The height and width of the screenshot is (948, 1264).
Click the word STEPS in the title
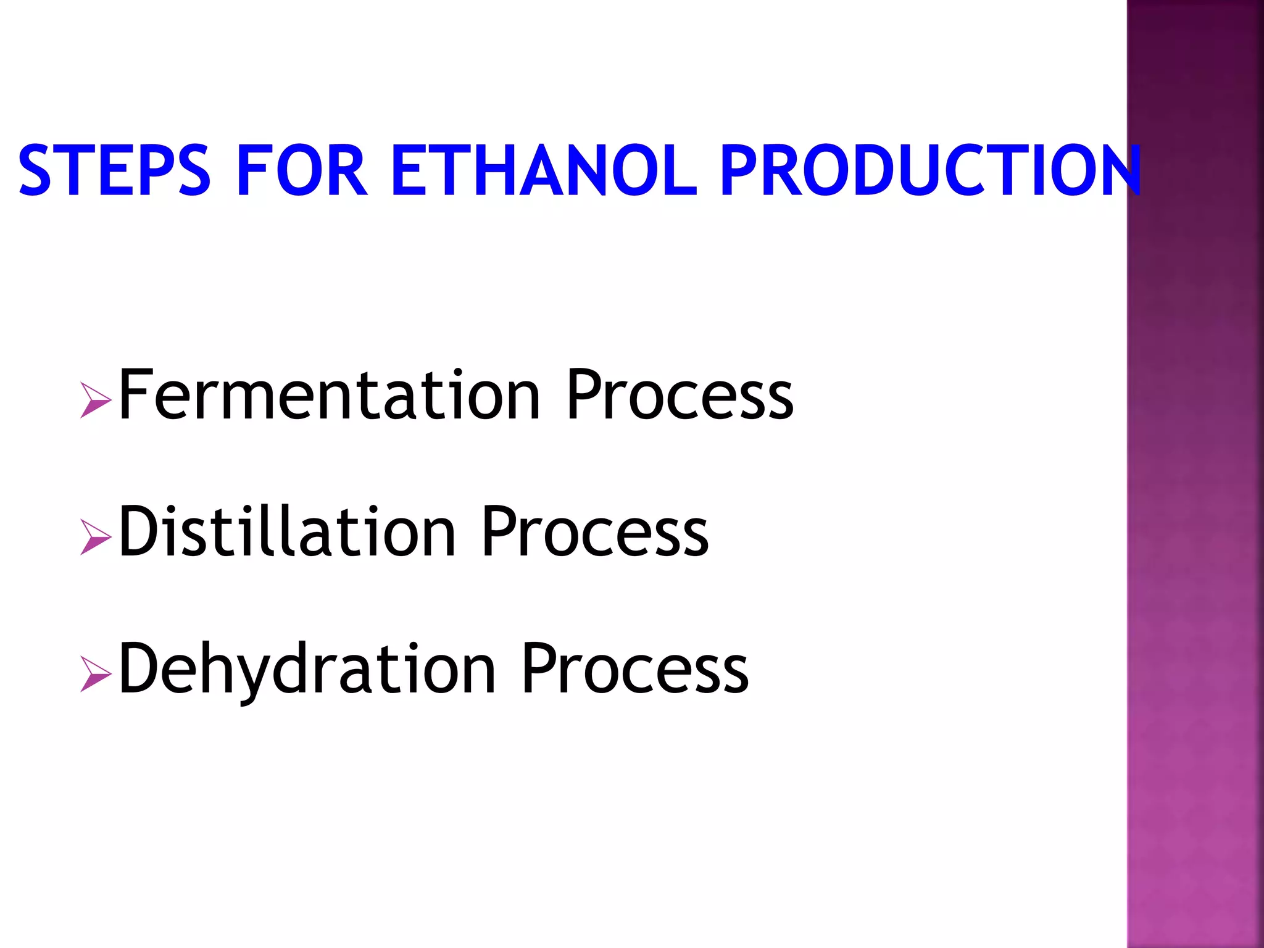pyautogui.click(x=115, y=170)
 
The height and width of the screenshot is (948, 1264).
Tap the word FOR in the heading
pyautogui.click(x=302, y=170)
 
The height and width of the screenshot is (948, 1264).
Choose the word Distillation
pyautogui.click(x=287, y=532)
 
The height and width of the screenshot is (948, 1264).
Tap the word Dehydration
pyautogui.click(x=307, y=670)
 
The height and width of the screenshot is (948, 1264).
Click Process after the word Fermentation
pyautogui.click(x=680, y=395)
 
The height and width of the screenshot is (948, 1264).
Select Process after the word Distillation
pyautogui.click(x=594, y=532)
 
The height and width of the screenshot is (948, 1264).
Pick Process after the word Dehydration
pyautogui.click(x=634, y=670)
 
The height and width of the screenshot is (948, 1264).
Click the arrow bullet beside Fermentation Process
pyautogui.click(x=95, y=400)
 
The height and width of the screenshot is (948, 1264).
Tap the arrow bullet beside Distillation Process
pyautogui.click(x=95, y=537)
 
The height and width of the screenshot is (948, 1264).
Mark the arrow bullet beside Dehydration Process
pyautogui.click(x=95, y=674)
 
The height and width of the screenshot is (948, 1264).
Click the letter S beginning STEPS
pyautogui.click(x=35, y=170)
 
